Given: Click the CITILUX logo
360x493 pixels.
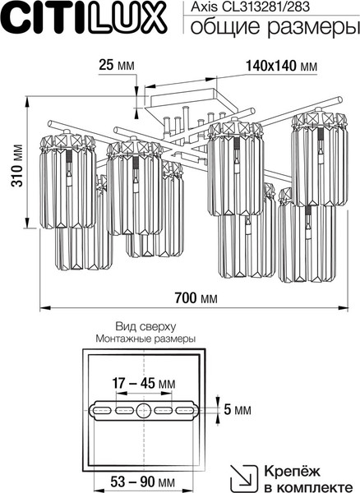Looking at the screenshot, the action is (x=84, y=17).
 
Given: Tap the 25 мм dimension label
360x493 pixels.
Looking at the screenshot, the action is (x=117, y=65).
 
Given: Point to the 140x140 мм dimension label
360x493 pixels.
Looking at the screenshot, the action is (x=281, y=66).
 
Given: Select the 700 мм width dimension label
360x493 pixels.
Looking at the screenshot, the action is (x=196, y=297).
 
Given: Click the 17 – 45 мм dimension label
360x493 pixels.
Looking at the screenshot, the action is (x=144, y=383).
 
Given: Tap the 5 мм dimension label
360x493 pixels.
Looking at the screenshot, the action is (x=238, y=410).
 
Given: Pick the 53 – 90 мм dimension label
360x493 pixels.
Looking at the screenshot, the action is (x=142, y=481).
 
